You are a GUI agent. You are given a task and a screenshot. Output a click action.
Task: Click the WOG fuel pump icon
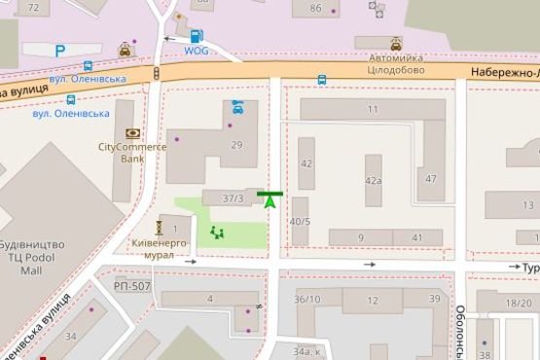click(x=198, y=35)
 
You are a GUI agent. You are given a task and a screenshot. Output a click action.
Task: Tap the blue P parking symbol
click(x=60, y=51)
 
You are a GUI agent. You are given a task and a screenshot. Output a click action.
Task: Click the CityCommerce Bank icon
click(x=132, y=132)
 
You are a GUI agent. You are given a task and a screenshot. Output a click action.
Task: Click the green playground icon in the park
click(x=216, y=233)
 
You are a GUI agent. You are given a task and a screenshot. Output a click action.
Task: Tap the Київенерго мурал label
click(x=153, y=248)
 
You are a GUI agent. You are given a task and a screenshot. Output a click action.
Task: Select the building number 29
click(x=236, y=145)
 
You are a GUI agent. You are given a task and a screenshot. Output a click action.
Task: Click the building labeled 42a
click(x=373, y=181)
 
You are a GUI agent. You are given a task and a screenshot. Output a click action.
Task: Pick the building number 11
click(x=372, y=110)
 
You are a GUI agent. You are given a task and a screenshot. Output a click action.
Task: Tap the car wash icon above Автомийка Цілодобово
click(x=396, y=44)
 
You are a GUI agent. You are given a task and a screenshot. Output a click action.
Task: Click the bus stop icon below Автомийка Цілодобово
click(x=321, y=80)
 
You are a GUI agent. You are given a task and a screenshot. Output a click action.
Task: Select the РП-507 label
click(x=131, y=286)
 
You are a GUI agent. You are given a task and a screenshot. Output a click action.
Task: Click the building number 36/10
click(x=307, y=300)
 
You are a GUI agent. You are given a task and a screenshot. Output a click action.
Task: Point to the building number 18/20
click(x=519, y=304)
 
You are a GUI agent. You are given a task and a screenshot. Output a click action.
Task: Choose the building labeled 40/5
click(x=300, y=221)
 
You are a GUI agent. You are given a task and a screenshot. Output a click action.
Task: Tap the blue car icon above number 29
click(x=238, y=107)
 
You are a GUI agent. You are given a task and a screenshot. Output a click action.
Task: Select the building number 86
click(x=315, y=9)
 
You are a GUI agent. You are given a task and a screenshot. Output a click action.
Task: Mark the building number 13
click(x=529, y=205)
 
